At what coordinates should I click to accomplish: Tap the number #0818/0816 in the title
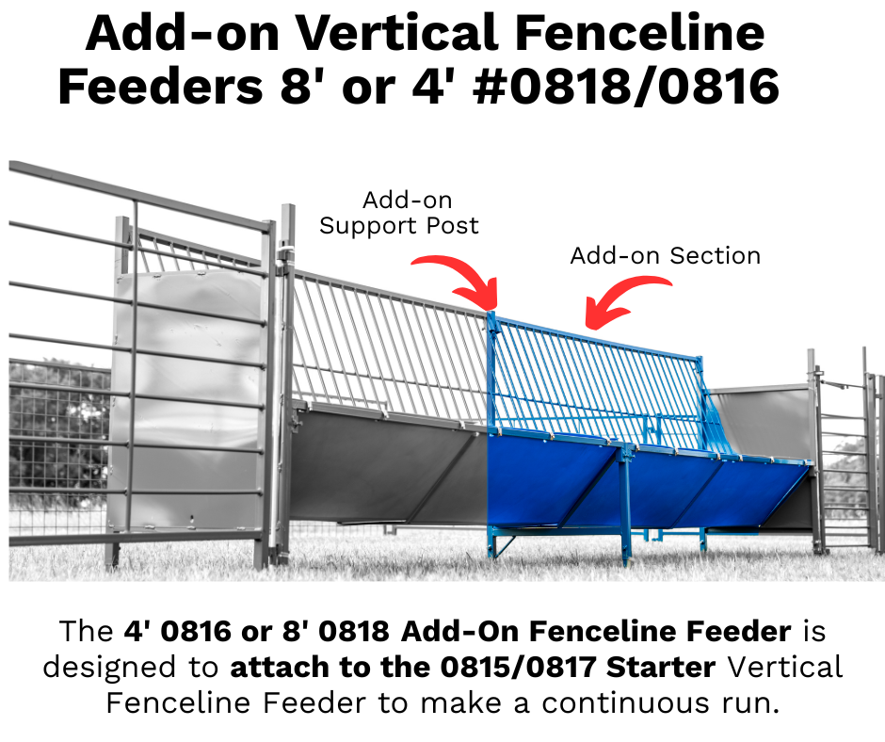[626, 86]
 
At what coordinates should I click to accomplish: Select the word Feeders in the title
[160, 87]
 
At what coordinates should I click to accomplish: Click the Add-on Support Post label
[399, 213]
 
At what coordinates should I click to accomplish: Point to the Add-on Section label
[666, 256]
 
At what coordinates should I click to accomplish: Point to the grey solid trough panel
[390, 463]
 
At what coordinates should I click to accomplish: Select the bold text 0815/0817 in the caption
[518, 667]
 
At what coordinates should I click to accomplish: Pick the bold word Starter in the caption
[661, 667]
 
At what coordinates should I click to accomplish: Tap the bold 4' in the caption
[138, 631]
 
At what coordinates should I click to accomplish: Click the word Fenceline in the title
[639, 33]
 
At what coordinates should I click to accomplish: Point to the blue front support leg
[624, 506]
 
